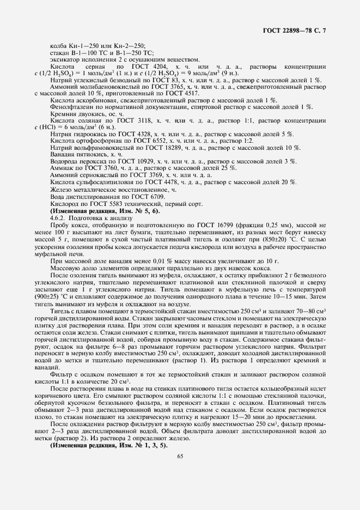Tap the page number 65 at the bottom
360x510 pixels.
tap(180, 471)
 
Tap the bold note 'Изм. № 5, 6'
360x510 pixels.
tap(125, 210)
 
